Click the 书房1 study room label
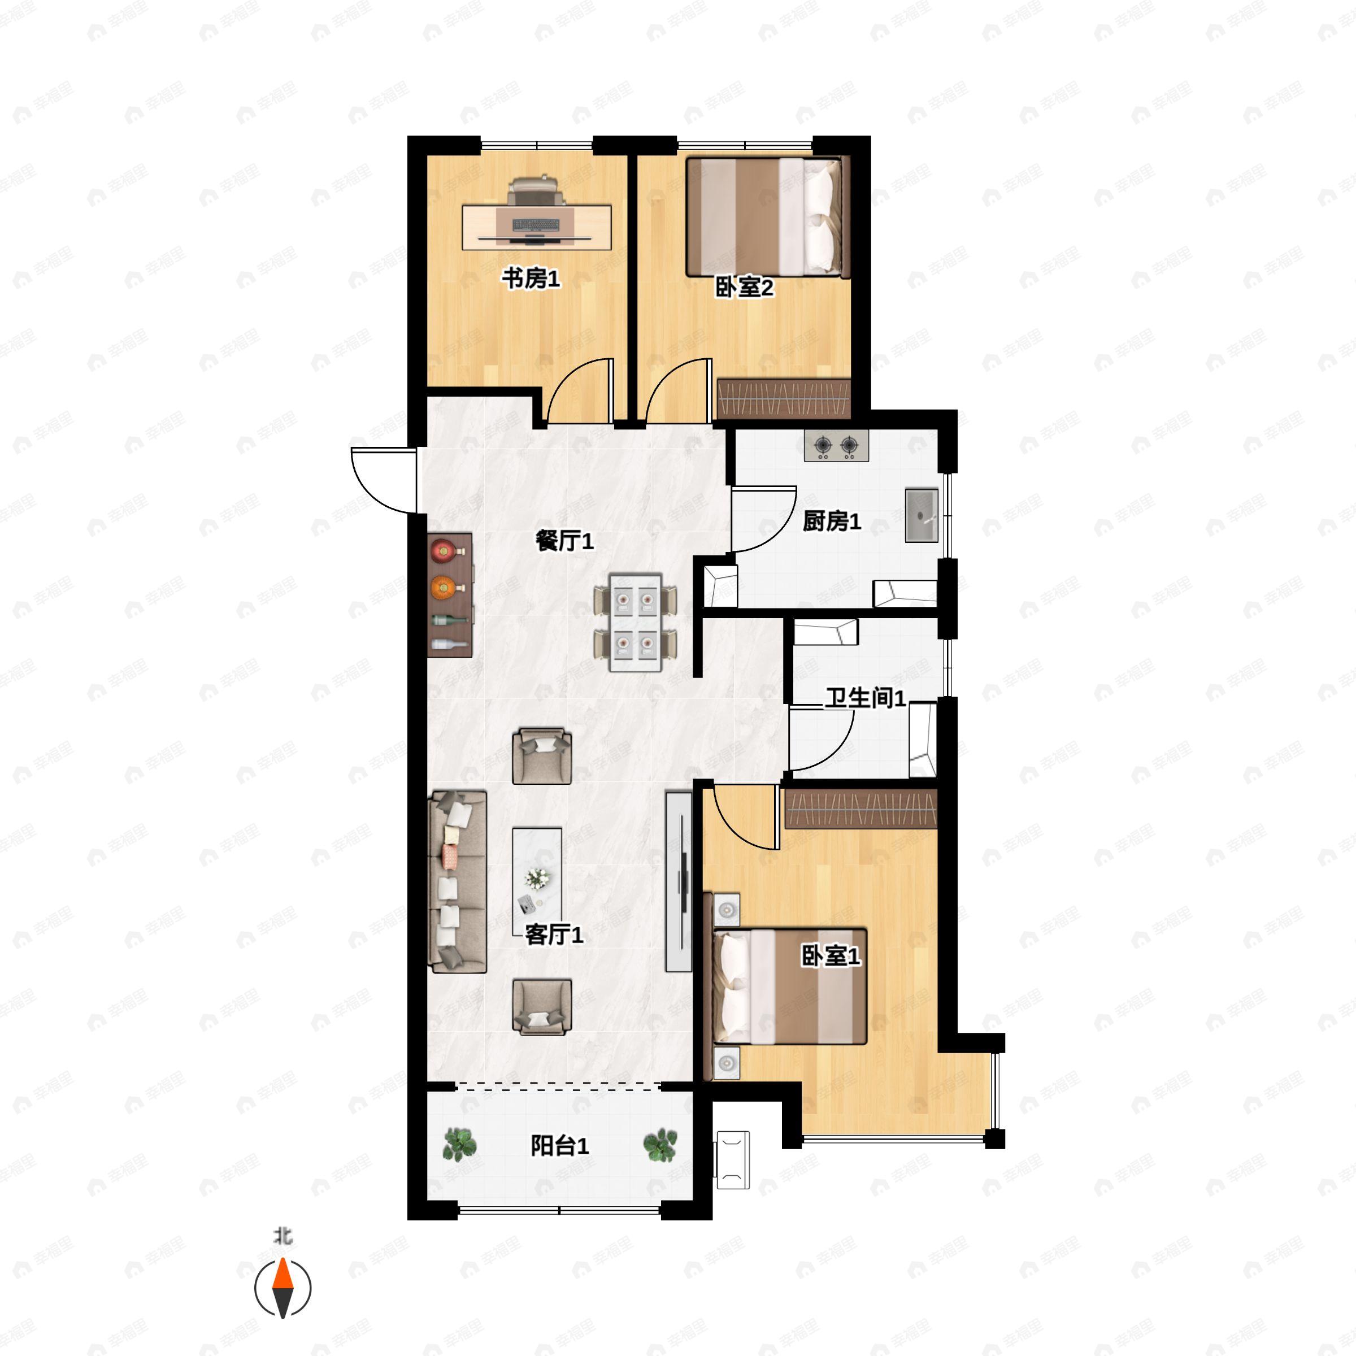click(x=531, y=279)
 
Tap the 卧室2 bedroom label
click(x=744, y=287)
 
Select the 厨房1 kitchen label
click(x=832, y=521)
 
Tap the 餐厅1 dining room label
click(x=564, y=541)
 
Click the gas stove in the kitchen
click(x=836, y=446)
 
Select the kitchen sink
click(x=922, y=516)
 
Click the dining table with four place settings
click(x=636, y=623)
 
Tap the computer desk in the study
click(x=537, y=227)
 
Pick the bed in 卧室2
click(x=768, y=216)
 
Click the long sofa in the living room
click(x=458, y=881)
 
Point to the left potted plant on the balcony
click(x=460, y=1144)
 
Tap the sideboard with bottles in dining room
click(x=450, y=595)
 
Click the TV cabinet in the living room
click(x=679, y=881)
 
